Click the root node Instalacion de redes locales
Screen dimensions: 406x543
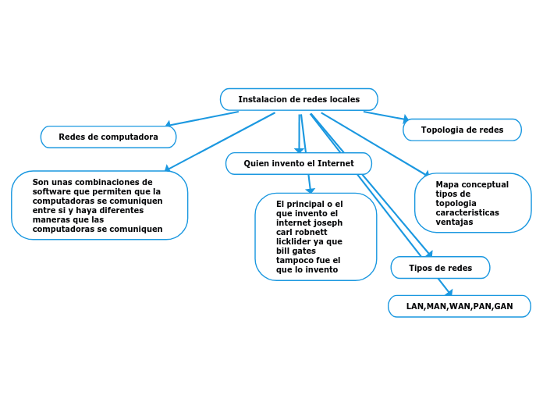coord(299,99)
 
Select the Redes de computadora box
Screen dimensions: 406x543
coord(108,137)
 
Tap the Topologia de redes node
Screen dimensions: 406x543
coord(462,130)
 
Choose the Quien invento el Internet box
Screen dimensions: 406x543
coord(299,163)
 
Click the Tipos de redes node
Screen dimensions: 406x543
coord(440,268)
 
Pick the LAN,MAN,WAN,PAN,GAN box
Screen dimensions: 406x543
coord(460,306)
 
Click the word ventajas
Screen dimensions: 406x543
coord(454,222)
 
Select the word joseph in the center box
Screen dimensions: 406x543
coord(327,223)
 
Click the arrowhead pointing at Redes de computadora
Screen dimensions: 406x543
coord(168,123)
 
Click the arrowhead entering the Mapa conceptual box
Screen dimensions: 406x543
coord(426,174)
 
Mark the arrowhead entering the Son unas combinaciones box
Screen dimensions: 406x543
coord(166,168)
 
